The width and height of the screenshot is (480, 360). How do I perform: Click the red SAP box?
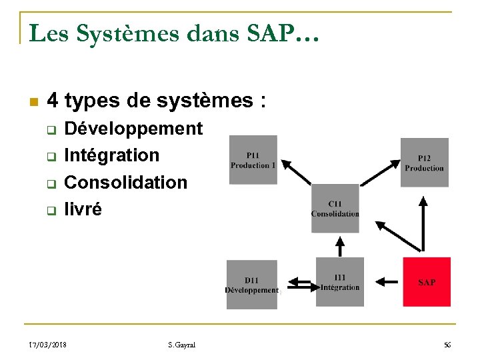427,282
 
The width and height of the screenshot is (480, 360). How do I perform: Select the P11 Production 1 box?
253,160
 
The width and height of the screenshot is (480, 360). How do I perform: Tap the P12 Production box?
424,163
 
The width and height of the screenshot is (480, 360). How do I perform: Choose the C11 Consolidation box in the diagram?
335,209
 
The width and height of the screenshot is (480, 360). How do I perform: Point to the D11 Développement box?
251,285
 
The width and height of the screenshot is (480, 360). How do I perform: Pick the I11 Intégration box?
340,282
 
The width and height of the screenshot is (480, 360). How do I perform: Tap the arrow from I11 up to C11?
340,245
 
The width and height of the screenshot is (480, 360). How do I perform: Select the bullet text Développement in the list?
133,128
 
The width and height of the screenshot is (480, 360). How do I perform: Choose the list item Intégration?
111,155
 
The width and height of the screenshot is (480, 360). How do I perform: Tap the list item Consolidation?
125,182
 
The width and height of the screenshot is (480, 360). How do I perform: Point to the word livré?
83,209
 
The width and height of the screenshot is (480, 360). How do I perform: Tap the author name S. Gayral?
182,345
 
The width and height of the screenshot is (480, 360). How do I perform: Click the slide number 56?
447,345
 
